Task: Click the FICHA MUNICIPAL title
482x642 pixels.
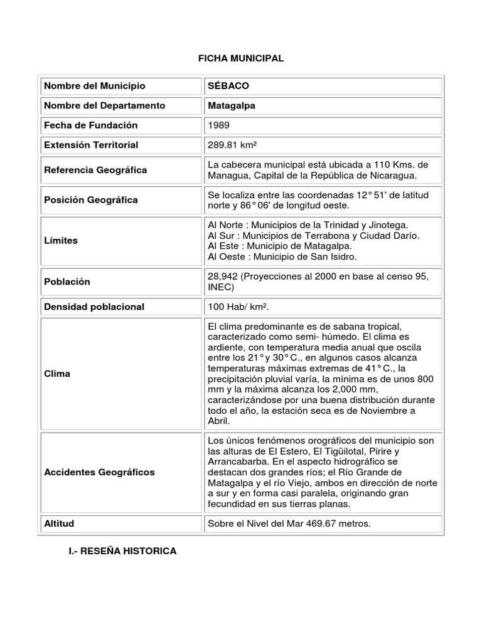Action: [241, 58]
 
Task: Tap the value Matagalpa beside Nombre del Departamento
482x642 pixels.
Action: [232, 105]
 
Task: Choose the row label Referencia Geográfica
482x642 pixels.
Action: [95, 170]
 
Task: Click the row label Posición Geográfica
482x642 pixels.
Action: [91, 200]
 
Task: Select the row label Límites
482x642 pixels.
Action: [62, 241]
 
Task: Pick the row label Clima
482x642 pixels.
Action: [58, 374]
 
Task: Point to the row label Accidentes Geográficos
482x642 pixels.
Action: [99, 471]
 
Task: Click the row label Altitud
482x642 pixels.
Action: [60, 523]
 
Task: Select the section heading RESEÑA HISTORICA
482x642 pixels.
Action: [122, 551]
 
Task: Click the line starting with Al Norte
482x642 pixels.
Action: [308, 224]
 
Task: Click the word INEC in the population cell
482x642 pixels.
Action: [221, 287]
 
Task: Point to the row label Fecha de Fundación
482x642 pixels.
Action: [91, 125]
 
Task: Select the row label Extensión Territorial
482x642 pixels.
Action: [92, 145]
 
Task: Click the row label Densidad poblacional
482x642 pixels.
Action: [94, 307]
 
